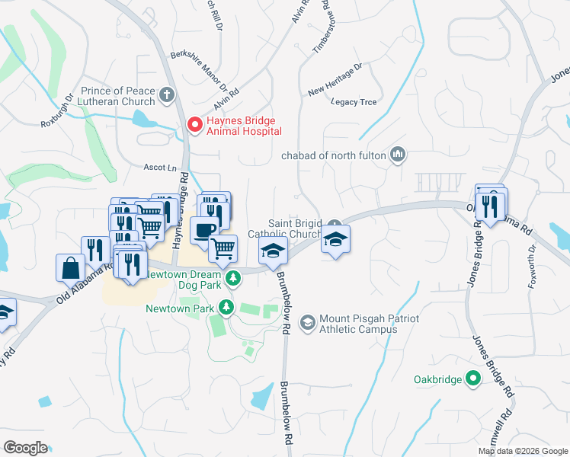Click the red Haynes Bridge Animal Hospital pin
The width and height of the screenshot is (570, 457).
coord(195,124)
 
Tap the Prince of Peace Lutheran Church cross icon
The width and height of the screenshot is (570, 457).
coord(167,96)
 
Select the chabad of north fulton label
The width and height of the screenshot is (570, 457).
coord(335,156)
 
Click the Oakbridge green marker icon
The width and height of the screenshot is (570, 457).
coord(472,378)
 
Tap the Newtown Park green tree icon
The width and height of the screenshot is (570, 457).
coord(226,307)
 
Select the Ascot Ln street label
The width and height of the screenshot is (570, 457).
coord(160,167)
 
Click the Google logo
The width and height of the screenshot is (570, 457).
coord(25,448)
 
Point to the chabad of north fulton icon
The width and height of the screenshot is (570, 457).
coord(397,155)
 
